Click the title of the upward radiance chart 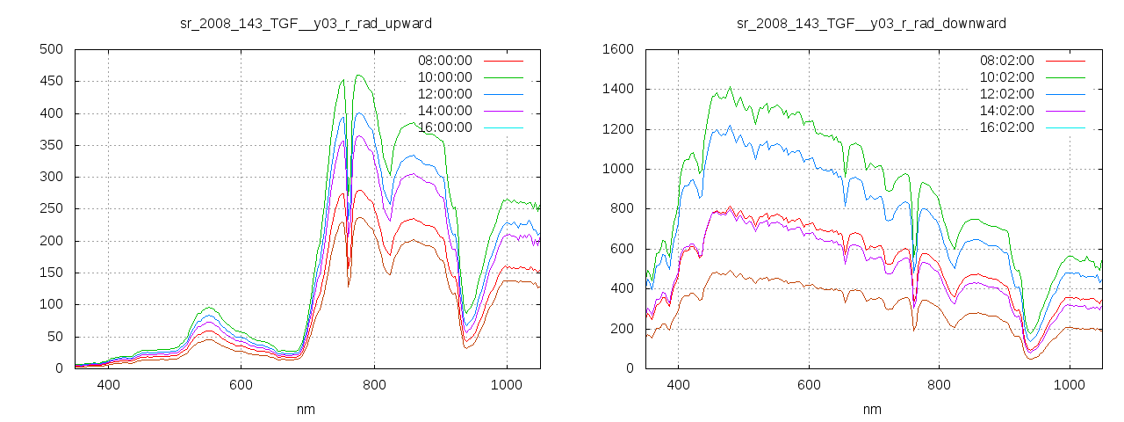(x=306, y=23)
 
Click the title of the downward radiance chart (x=871, y=23)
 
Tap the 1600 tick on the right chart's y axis (x=617, y=49)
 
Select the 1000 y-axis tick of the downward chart (x=617, y=169)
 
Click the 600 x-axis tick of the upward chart (x=241, y=385)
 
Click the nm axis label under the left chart (x=306, y=409)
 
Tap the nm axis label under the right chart (x=871, y=409)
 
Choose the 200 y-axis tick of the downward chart (x=621, y=329)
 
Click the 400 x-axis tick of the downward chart (x=678, y=385)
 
